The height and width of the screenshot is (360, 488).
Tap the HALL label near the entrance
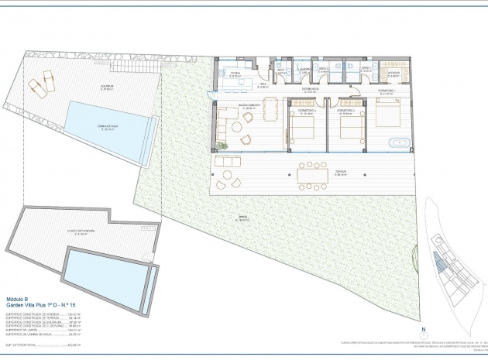pyautogui.click(x=263, y=85)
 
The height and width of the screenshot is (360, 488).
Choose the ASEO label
pyautogui.click(x=283, y=70)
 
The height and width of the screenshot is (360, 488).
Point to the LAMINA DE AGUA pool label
pyautogui.click(x=104, y=128)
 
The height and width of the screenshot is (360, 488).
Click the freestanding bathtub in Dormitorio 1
pyautogui.click(x=399, y=142)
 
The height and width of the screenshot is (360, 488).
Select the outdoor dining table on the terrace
pyautogui.click(x=314, y=176)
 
